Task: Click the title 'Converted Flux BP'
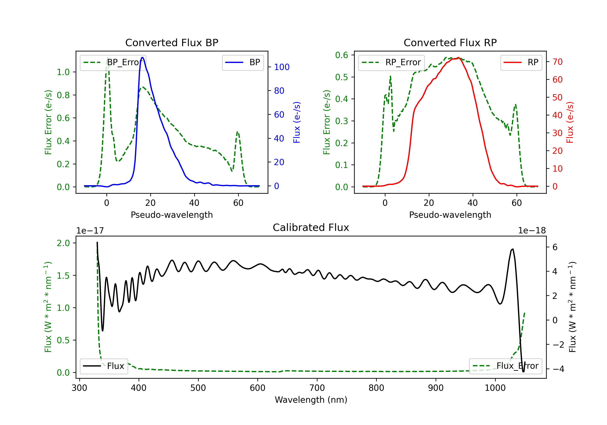pos(172,42)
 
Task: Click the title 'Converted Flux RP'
pos(450,42)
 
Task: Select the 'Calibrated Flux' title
pos(311,227)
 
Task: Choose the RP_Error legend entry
pos(391,62)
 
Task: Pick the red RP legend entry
pos(521,62)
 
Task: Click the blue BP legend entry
pos(243,62)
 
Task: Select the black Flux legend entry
pos(104,366)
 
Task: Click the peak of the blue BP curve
pos(142,57)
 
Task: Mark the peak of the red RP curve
pos(458,58)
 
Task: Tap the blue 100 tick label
pos(282,67)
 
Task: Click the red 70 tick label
pos(558,62)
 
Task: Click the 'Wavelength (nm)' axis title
pos(311,400)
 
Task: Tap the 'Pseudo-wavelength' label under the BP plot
pos(172,215)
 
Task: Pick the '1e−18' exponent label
pos(532,231)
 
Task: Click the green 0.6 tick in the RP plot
pos(342,55)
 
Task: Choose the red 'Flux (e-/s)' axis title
pos(570,122)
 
